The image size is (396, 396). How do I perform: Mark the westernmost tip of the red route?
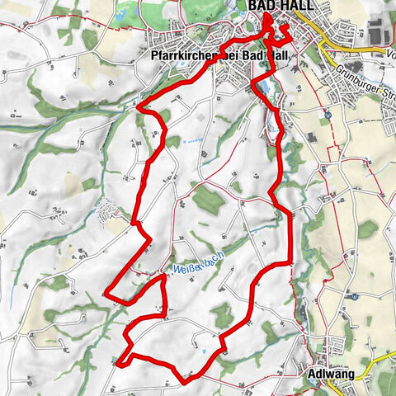click(x=106, y=291)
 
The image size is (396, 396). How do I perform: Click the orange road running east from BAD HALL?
click(x=346, y=51)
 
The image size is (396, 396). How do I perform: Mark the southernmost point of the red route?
click(x=183, y=380)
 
